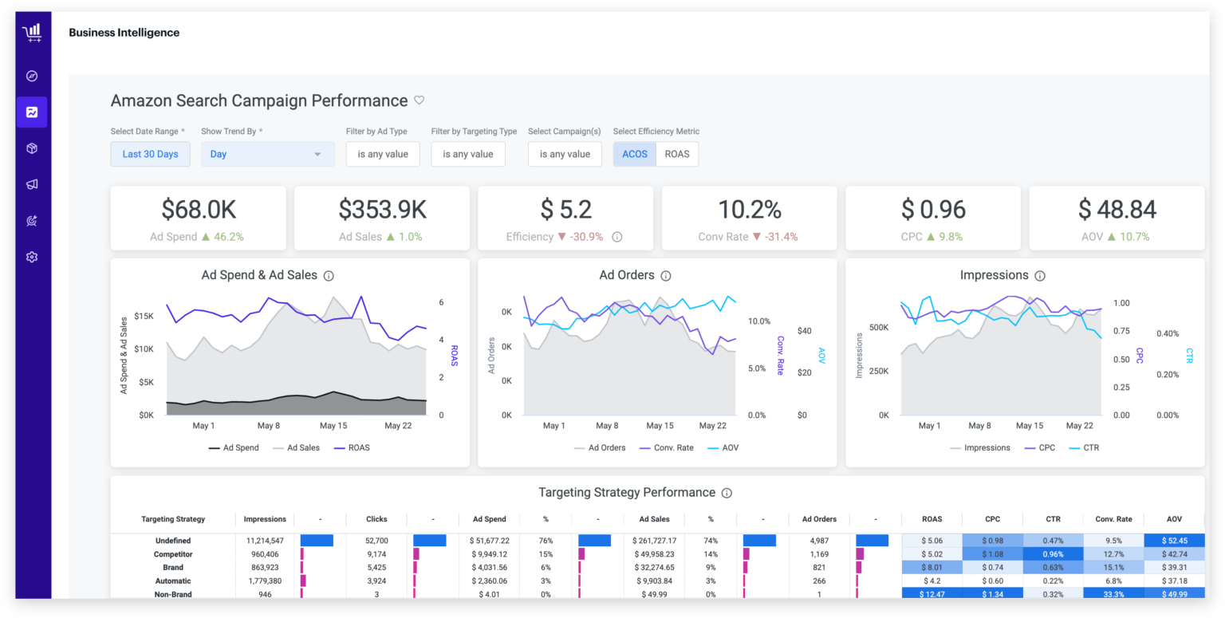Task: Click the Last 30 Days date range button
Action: pyautogui.click(x=150, y=154)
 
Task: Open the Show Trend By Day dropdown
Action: pyautogui.click(x=267, y=154)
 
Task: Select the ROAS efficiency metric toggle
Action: pyautogui.click(x=677, y=154)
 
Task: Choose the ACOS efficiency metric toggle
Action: pyautogui.click(x=635, y=154)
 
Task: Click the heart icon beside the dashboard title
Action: pyautogui.click(x=419, y=100)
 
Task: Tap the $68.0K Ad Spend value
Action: pyautogui.click(x=198, y=210)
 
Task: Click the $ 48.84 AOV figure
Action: pyautogui.click(x=1117, y=210)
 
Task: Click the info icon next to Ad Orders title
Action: pyautogui.click(x=666, y=276)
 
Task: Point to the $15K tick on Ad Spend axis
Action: pyautogui.click(x=144, y=316)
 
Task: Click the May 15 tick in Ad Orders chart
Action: pyautogui.click(x=660, y=426)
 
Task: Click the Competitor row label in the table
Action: pyautogui.click(x=173, y=554)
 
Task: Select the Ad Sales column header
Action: pyautogui.click(x=654, y=519)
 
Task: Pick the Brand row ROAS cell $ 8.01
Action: pyautogui.click(x=932, y=568)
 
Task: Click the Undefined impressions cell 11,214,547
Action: pyautogui.click(x=264, y=541)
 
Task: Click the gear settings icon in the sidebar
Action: pyautogui.click(x=32, y=257)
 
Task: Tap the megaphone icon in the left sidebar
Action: pyautogui.click(x=32, y=184)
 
